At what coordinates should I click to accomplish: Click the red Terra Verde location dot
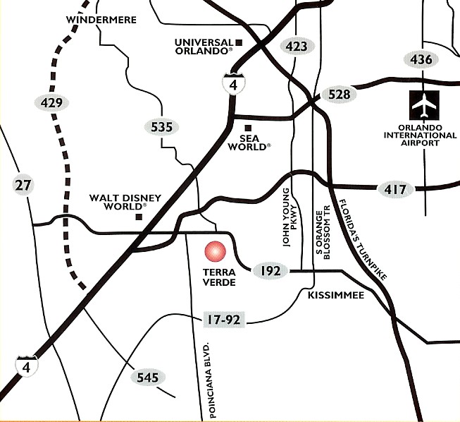point(214,253)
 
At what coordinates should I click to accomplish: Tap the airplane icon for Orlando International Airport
point(424,106)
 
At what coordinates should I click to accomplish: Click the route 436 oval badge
point(421,59)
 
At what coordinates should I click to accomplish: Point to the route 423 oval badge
point(295,47)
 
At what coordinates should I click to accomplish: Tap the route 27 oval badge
point(23,186)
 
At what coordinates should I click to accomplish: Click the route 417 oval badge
point(394,189)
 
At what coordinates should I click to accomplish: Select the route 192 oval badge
point(271,270)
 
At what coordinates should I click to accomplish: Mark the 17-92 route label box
point(223,320)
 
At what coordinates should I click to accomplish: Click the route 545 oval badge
point(147,378)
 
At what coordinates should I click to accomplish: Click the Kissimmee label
point(336,295)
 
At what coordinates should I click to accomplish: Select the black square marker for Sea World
point(247,127)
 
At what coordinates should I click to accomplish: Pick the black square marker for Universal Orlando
point(239,43)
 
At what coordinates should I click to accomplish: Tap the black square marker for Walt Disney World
point(139,216)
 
